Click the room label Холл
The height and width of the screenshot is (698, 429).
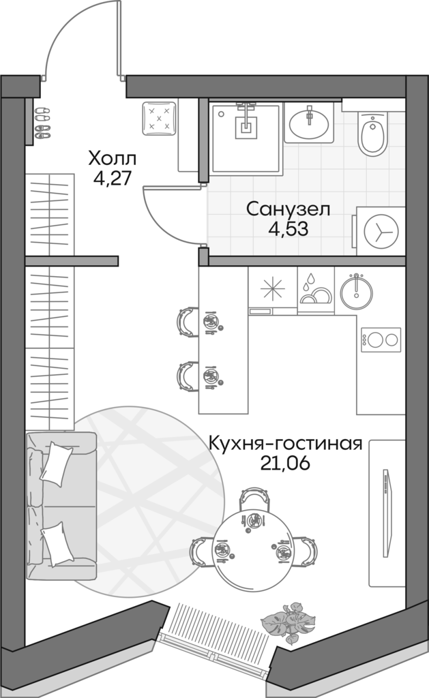[113, 160]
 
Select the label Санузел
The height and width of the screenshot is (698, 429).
[288, 209]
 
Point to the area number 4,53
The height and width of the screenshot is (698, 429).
[289, 229]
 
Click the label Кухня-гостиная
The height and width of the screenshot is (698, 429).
[284, 444]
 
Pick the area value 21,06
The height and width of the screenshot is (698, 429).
[285, 464]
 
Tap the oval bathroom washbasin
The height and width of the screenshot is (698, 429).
[309, 123]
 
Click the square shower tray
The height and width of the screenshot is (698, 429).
[246, 136]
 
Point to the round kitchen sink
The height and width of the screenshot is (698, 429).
[355, 289]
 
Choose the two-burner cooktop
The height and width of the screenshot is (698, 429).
[380, 339]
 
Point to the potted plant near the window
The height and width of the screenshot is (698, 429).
[287, 620]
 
